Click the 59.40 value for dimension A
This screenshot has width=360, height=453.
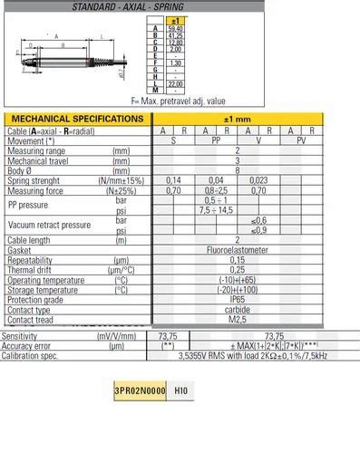pyautogui.click(x=176, y=28)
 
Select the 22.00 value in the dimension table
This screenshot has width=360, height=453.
pyautogui.click(x=176, y=83)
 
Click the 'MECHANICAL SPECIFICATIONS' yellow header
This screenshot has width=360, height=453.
pyautogui.click(x=76, y=119)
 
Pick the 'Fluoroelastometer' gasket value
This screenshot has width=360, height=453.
pyautogui.click(x=238, y=249)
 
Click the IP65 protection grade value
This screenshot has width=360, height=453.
pyautogui.click(x=238, y=299)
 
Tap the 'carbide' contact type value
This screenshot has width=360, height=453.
pyautogui.click(x=238, y=309)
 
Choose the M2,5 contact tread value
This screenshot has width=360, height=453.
pyautogui.click(x=238, y=319)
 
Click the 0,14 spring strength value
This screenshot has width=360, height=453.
pyautogui.click(x=173, y=179)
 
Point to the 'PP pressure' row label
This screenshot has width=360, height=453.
pyautogui.click(x=32, y=205)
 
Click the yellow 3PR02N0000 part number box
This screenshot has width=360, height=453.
pyautogui.click(x=141, y=390)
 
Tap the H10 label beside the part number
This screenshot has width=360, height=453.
pyautogui.click(x=181, y=390)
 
